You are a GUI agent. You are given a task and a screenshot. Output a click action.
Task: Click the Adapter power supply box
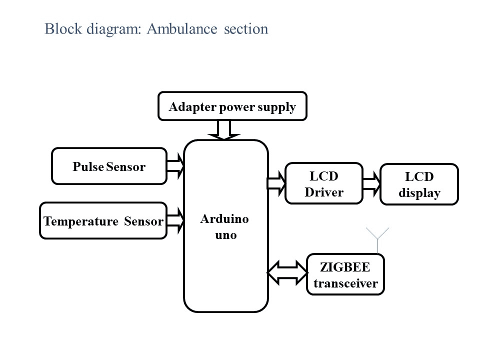coord(232,106)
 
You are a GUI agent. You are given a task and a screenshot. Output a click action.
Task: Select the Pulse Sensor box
coord(109,166)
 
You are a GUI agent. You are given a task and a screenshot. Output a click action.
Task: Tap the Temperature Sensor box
coord(103,220)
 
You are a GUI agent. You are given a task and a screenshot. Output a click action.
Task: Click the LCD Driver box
coord(323,183)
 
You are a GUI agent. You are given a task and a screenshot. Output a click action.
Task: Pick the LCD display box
coord(419,184)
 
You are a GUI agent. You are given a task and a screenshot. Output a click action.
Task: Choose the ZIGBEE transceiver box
coord(345,274)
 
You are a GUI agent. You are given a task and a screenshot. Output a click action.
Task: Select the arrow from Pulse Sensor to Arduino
coord(175,166)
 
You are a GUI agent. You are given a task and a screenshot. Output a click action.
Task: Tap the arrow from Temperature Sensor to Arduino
coord(175,220)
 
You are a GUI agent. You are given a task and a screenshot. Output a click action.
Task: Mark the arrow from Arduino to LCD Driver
coord(276,183)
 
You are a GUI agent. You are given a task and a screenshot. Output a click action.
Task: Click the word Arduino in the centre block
coord(224,219)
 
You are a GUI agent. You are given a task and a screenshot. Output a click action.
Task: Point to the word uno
coord(226,234)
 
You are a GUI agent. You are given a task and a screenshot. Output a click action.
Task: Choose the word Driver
coord(324,192)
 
